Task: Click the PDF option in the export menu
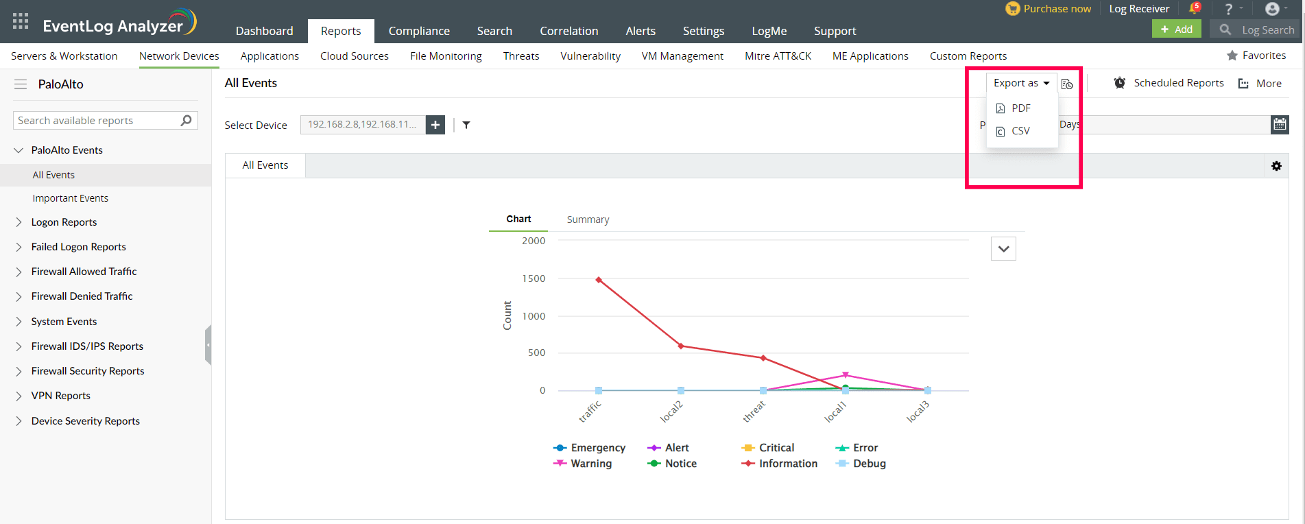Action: click(1020, 108)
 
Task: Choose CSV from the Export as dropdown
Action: click(1020, 131)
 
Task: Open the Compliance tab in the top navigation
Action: click(419, 31)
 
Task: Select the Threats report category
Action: click(521, 56)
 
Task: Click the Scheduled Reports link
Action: click(1177, 83)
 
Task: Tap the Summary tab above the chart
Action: click(588, 219)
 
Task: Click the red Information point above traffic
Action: click(599, 280)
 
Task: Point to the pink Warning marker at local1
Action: click(846, 375)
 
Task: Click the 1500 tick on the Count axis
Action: click(534, 278)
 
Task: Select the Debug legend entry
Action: click(868, 464)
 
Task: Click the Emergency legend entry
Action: click(597, 448)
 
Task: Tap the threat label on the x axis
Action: click(754, 412)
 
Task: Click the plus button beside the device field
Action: click(435, 125)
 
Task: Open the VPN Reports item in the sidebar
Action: click(60, 396)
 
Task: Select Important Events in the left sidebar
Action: click(70, 198)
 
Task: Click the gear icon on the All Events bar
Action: click(1276, 166)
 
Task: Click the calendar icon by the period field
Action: click(1280, 124)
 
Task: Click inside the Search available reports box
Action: click(96, 121)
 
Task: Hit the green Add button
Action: click(1177, 29)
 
